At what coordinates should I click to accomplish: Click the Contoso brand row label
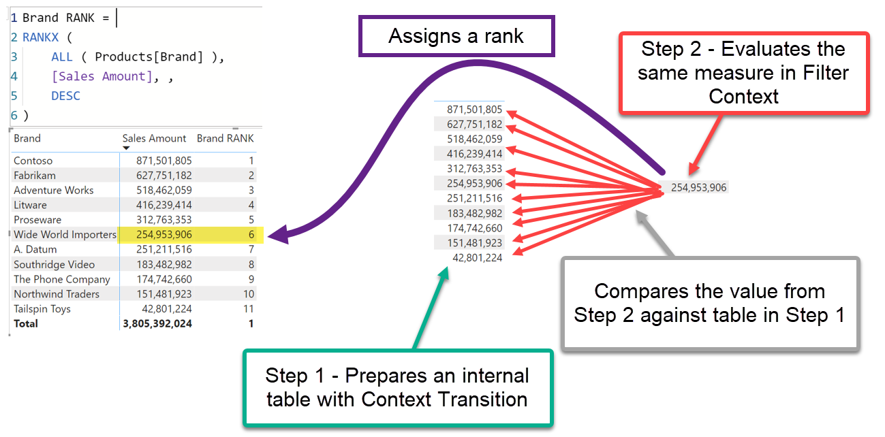[x=33, y=161]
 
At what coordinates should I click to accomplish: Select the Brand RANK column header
[x=225, y=138]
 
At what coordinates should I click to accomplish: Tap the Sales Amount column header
[x=154, y=138]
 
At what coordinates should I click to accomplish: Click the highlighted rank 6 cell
[x=251, y=235]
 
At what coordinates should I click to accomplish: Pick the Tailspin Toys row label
[x=42, y=309]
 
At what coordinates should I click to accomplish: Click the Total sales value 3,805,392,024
[x=157, y=324]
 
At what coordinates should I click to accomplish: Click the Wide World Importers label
[x=65, y=235]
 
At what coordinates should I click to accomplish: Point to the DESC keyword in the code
[x=65, y=96]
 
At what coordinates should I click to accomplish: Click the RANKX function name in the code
[x=42, y=37]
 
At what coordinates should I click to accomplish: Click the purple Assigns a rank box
[x=456, y=36]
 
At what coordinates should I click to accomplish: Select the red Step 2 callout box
[x=743, y=72]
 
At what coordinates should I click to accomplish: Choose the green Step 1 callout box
[x=397, y=387]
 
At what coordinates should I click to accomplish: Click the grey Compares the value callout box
[x=709, y=303]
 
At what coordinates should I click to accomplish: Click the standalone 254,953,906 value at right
[x=698, y=187]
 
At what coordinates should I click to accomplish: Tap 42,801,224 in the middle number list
[x=477, y=257]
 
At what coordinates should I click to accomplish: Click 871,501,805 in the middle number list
[x=474, y=110]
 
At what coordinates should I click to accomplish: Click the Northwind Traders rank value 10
[x=248, y=294]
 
